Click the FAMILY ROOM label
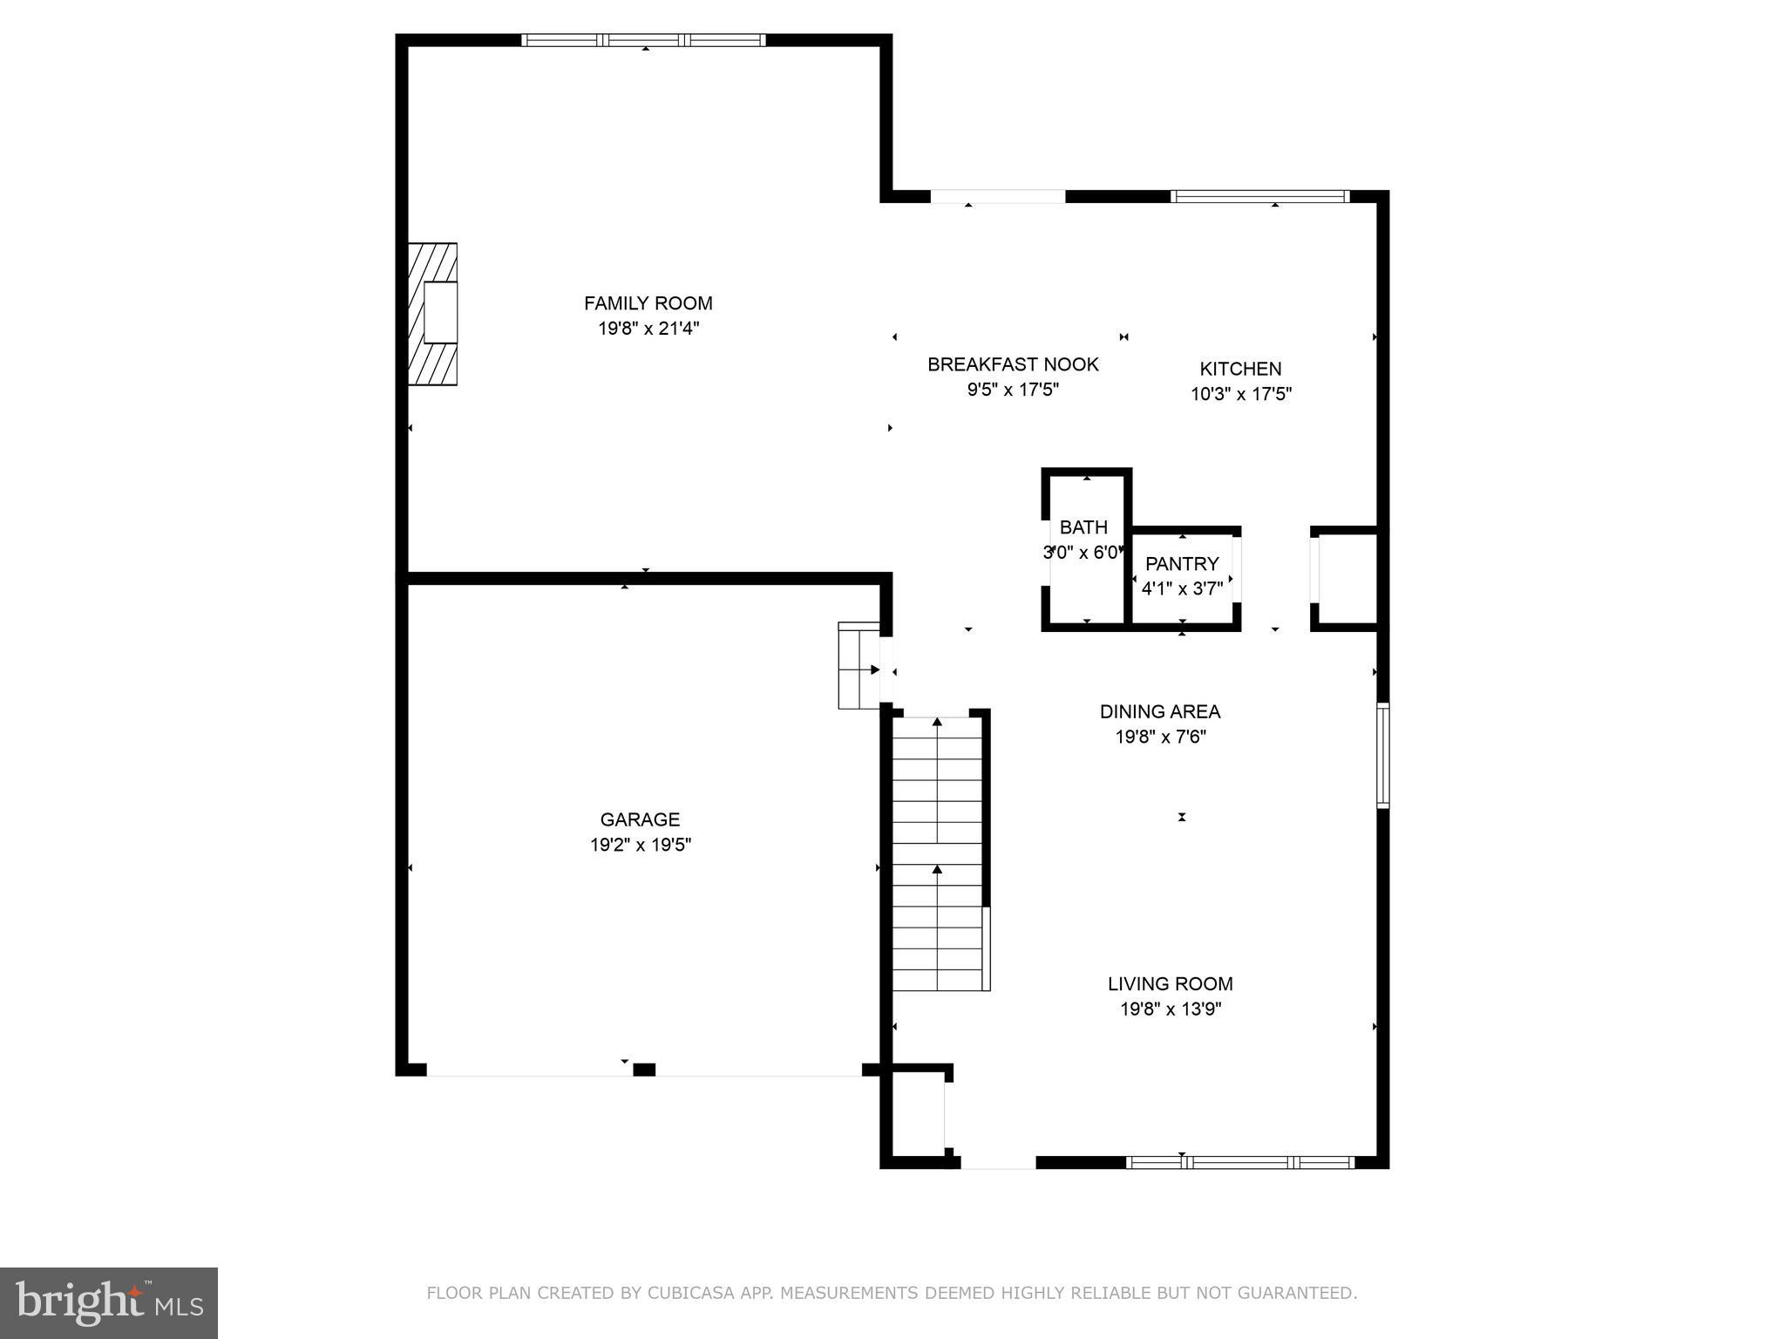tap(648, 303)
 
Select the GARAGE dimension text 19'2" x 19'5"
tap(640, 845)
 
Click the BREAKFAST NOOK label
tap(1013, 364)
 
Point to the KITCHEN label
tap(1240, 369)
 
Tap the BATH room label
tap(1083, 527)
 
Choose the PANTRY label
tap(1182, 564)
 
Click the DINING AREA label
tap(1160, 711)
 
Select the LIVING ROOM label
tap(1170, 984)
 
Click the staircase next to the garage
tap(938, 854)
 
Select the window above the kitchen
tap(1259, 196)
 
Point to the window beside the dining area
tap(1382, 755)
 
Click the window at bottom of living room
tap(1239, 1162)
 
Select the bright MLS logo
tap(109, 1302)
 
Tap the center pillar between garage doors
tap(643, 1070)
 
